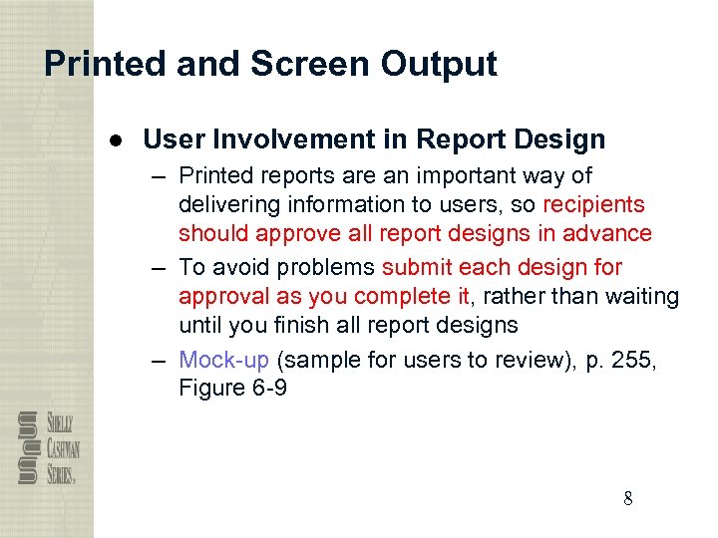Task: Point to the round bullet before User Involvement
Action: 117,140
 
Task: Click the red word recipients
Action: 593,204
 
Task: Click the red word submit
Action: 415,267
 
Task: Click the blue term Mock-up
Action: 223,360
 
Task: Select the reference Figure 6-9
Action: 232,388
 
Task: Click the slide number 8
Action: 627,499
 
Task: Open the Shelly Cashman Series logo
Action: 47,447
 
